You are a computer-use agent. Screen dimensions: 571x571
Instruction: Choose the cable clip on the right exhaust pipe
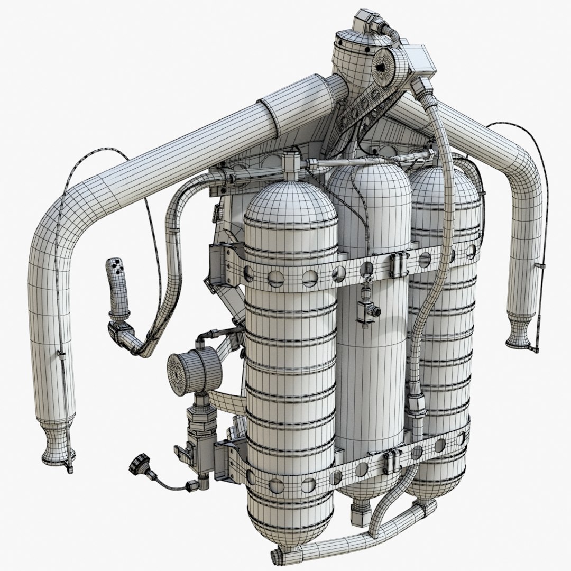(539, 264)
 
